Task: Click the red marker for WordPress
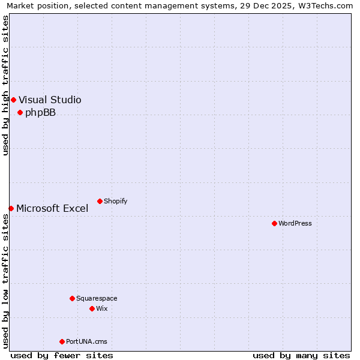click(274, 223)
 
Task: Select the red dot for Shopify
click(100, 201)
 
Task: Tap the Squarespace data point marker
click(72, 298)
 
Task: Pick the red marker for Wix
click(92, 308)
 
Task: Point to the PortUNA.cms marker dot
click(62, 341)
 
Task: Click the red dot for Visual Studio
click(13, 100)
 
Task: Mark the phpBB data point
click(20, 112)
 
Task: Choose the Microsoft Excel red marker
click(11, 208)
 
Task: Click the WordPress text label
click(295, 223)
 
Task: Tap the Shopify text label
click(116, 201)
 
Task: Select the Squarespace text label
click(97, 298)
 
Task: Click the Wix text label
click(102, 308)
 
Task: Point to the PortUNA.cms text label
click(87, 341)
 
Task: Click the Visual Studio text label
click(50, 100)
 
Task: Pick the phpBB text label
click(40, 112)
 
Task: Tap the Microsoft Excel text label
click(52, 208)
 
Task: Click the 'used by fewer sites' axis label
click(62, 355)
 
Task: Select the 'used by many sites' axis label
click(301, 355)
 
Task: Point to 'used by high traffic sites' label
click(6, 85)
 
